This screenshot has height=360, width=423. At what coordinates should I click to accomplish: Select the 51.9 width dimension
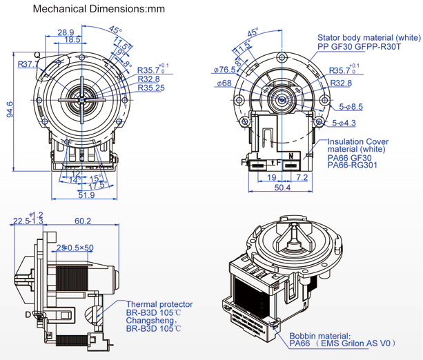pyautogui.click(x=87, y=195)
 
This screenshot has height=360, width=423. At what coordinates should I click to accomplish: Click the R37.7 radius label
pyautogui.click(x=28, y=64)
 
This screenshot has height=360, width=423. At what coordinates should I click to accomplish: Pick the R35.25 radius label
pyautogui.click(x=151, y=88)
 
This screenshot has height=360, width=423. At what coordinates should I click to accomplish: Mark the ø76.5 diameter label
pyautogui.click(x=225, y=70)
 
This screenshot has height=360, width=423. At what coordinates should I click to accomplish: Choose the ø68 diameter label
pyautogui.click(x=225, y=83)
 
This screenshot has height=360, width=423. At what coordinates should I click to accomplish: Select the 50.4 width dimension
pyautogui.click(x=283, y=187)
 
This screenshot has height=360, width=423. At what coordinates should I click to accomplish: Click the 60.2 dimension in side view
pyautogui.click(x=83, y=221)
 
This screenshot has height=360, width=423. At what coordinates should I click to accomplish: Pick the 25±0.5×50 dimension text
pyautogui.click(x=75, y=247)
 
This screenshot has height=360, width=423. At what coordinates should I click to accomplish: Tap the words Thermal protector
pyautogui.click(x=159, y=304)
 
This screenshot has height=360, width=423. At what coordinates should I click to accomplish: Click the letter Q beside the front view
pyautogui.click(x=36, y=55)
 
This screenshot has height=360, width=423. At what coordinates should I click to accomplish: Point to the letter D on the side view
pyautogui.click(x=28, y=314)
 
